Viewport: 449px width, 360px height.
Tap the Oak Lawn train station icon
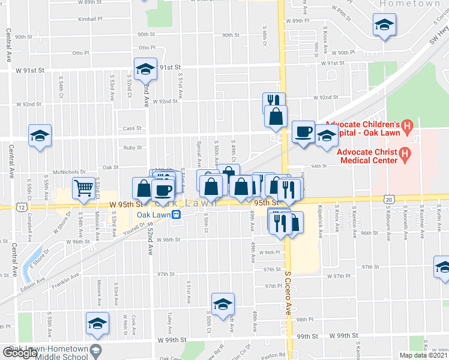pos(176,215)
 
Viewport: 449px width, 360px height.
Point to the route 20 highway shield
pos(389,199)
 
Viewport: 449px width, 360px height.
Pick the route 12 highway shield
pos(22,207)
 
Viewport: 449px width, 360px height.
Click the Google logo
pos(20,353)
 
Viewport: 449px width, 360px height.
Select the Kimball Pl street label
pos(90,19)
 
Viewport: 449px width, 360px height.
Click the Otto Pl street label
pos(147,47)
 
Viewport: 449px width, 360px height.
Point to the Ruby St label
pos(133,148)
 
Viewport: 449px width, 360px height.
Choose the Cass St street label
pos(131,128)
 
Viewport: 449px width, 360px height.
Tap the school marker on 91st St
pos(145,70)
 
